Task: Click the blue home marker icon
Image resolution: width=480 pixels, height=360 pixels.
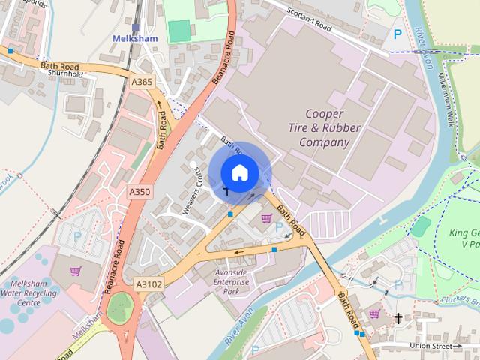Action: [x=239, y=173]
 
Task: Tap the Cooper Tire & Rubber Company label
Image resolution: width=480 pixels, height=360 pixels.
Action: [x=325, y=127]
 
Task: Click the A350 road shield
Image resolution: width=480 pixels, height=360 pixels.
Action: [x=139, y=192]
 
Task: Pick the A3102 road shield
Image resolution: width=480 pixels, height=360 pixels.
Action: [x=148, y=284]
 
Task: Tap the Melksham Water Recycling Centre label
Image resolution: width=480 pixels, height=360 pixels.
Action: [x=31, y=293]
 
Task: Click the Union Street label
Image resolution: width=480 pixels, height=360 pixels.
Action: [x=436, y=346]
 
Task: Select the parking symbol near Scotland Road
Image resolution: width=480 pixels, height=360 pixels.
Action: [x=397, y=34]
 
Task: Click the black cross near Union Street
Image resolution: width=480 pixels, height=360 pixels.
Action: [x=397, y=318]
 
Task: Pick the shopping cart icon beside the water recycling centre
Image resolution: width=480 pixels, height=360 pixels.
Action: [x=75, y=271]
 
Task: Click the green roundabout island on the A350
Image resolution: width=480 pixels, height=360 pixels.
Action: [x=118, y=308]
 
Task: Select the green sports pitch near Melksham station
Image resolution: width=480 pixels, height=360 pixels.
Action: [x=178, y=31]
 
